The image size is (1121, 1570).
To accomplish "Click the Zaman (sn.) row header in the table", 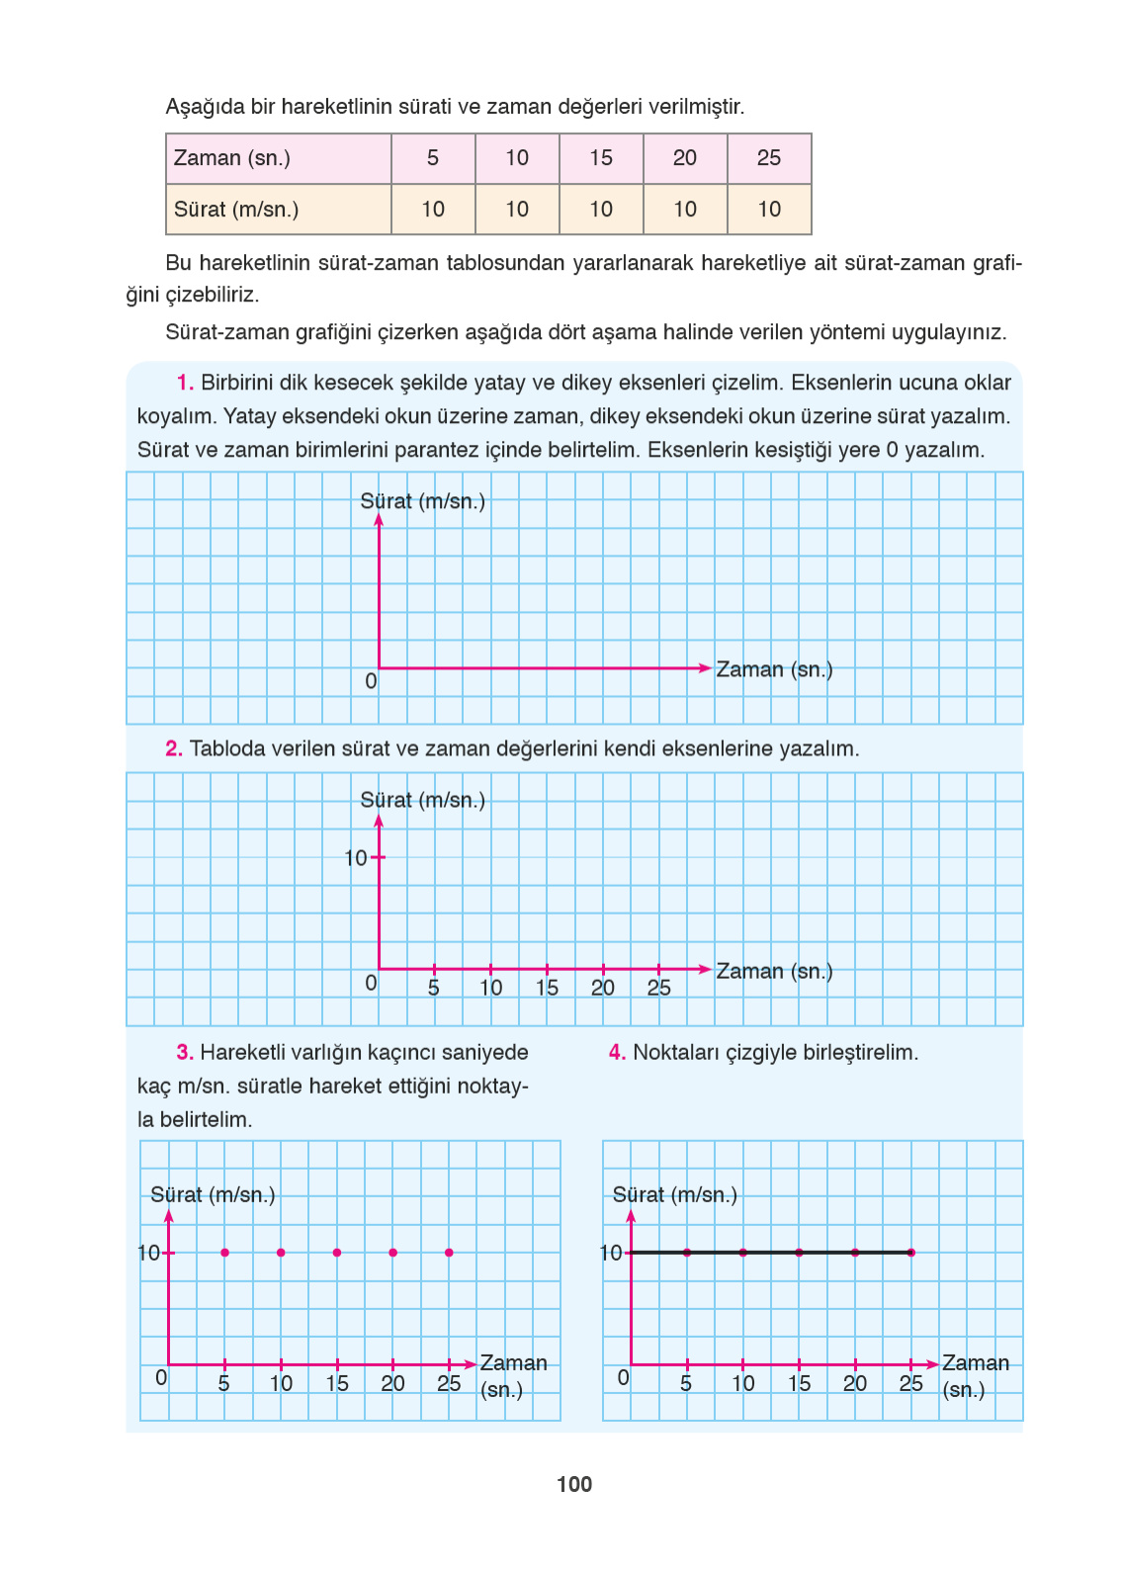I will coord(232,158).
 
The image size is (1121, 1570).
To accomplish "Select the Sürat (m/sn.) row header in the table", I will coord(236,210).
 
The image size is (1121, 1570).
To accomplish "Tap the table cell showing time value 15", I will coord(601,158).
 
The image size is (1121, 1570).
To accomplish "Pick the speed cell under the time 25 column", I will coord(769,210).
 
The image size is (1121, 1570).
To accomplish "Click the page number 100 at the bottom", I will coord(574,1484).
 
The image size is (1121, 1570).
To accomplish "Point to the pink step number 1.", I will coord(185,383).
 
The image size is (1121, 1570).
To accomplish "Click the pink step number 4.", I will coord(617,1053).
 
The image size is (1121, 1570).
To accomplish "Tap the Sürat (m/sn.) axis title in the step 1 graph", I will coord(423,501).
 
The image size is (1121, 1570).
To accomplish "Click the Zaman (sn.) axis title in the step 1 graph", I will coord(774,669).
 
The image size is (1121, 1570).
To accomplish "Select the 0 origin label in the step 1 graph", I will coord(371,681).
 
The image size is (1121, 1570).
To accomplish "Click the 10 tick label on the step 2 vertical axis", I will coord(356,858).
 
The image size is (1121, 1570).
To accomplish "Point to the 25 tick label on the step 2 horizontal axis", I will coord(658,988).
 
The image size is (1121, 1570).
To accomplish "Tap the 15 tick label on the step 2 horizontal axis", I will coord(547,988).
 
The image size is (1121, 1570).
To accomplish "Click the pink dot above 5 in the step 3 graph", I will coord(225,1253).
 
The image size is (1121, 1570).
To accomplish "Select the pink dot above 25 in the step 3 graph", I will coord(449,1253).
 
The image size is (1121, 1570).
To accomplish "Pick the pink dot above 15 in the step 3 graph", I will coord(337,1253).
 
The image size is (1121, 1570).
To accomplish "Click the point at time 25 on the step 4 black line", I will coord(910,1253).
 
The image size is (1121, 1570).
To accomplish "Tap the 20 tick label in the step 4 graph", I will coord(855,1383).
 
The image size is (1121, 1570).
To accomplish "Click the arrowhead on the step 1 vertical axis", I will coord(379,520).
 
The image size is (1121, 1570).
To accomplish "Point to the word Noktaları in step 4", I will coord(676,1053).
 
